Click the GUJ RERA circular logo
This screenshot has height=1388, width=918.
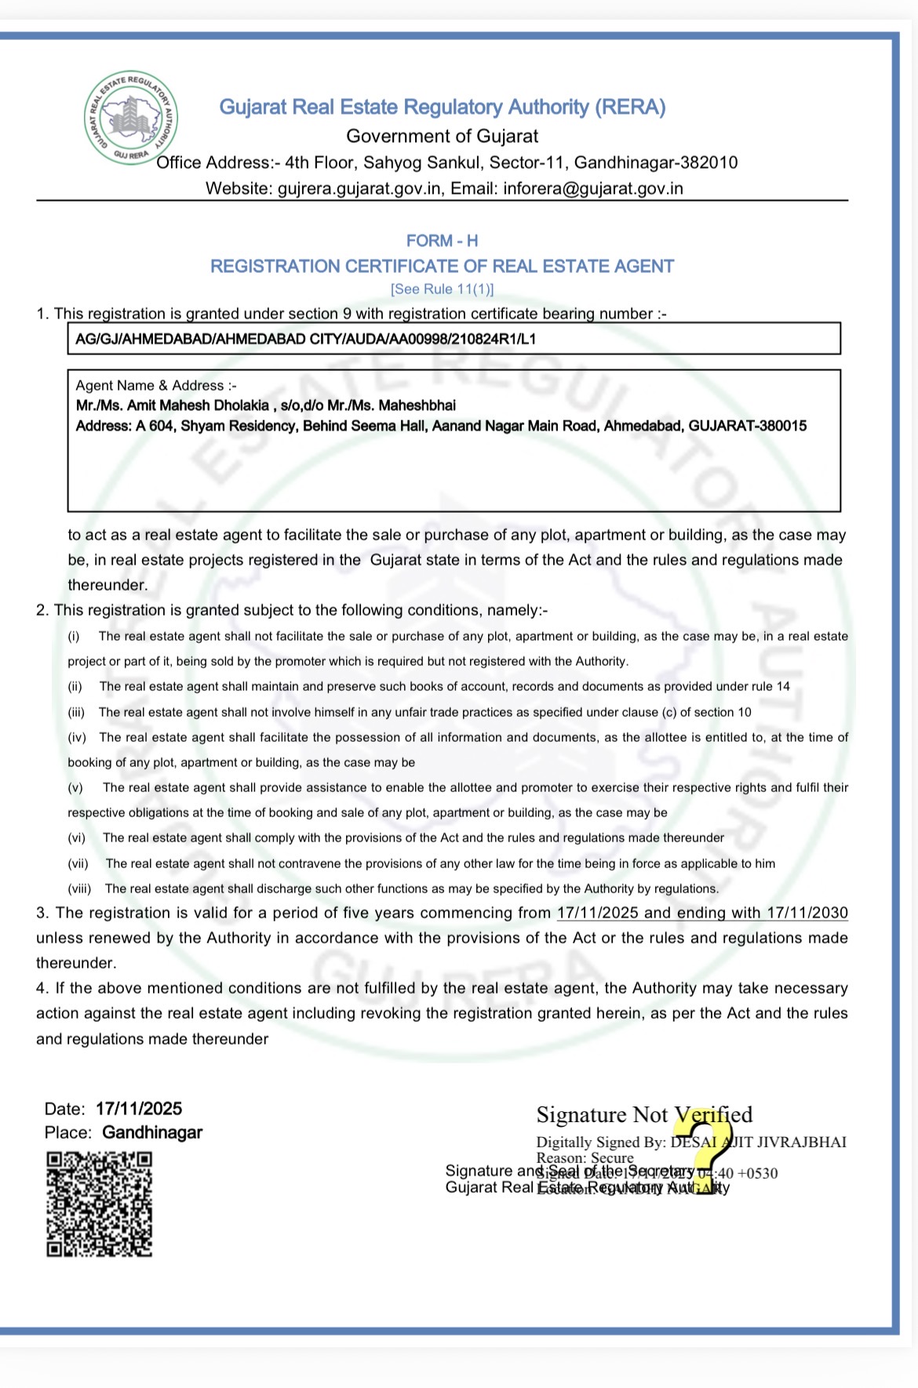tap(131, 118)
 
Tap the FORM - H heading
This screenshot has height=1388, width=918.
tap(442, 241)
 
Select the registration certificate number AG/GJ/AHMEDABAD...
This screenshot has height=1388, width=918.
tap(305, 340)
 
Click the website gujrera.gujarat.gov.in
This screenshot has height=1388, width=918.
tap(359, 189)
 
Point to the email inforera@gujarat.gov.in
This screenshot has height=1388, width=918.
tap(592, 189)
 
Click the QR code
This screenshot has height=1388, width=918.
tap(99, 1204)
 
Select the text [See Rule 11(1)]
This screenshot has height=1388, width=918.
tap(442, 289)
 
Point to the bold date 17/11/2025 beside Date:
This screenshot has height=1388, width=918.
tap(139, 1109)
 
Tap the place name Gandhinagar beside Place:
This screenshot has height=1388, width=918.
tap(152, 1132)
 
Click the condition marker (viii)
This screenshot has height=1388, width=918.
tap(79, 888)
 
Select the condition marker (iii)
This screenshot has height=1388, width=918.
tap(76, 712)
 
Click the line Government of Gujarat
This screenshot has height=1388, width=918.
tap(442, 136)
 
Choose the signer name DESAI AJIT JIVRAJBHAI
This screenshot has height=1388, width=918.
tap(758, 1142)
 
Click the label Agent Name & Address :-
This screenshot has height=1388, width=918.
tap(156, 386)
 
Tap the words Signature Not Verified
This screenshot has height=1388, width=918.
tap(643, 1114)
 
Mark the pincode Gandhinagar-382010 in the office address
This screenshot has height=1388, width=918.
tap(655, 163)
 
